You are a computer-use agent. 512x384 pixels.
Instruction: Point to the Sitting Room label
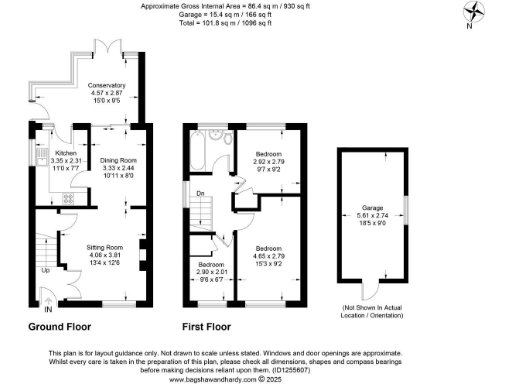106,245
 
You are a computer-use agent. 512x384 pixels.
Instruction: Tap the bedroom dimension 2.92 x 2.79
267,159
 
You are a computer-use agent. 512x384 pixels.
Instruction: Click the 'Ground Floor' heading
54,327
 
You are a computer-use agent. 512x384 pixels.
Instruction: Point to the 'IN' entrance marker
47,311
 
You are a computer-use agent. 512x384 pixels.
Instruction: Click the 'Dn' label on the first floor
200,194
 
